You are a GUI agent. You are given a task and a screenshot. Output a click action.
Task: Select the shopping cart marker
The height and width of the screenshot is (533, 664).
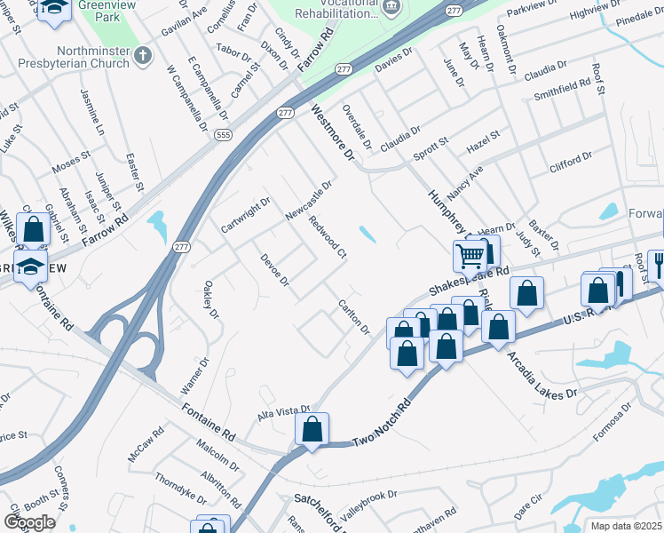(x=470, y=257)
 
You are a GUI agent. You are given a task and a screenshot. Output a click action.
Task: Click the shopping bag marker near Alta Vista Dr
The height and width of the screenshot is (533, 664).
(x=312, y=430)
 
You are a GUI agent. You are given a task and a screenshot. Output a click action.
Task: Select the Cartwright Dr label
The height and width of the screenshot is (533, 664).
(x=245, y=215)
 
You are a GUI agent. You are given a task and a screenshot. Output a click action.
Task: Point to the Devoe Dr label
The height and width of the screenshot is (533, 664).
(x=275, y=270)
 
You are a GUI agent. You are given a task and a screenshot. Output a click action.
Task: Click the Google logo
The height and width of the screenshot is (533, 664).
(x=29, y=521)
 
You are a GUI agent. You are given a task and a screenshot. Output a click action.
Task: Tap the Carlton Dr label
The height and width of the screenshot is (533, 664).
(x=353, y=317)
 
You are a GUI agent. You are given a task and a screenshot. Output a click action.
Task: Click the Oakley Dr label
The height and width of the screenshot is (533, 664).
(x=210, y=298)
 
